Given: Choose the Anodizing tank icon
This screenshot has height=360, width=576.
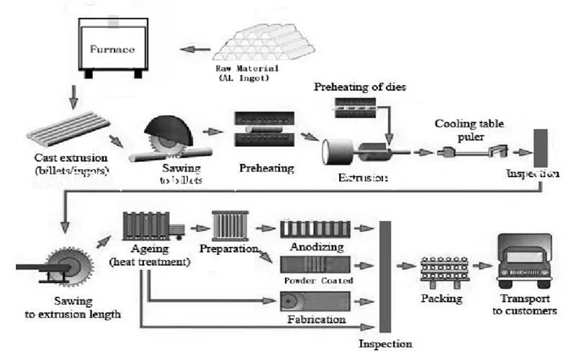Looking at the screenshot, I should click(x=314, y=229).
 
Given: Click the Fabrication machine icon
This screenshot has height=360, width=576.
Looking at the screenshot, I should click(x=314, y=300).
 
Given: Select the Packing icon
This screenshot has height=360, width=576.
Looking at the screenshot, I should click(x=442, y=270).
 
